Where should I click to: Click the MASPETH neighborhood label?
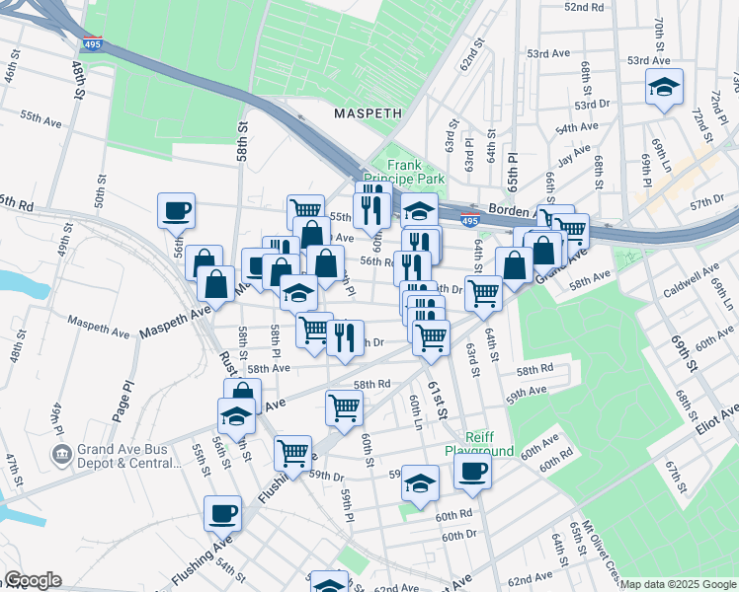[368, 112]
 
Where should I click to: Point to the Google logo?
[33, 580]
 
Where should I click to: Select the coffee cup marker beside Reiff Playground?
[473, 471]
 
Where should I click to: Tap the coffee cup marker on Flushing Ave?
[222, 512]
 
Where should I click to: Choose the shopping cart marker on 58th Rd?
[344, 406]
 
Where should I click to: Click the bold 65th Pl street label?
[513, 172]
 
